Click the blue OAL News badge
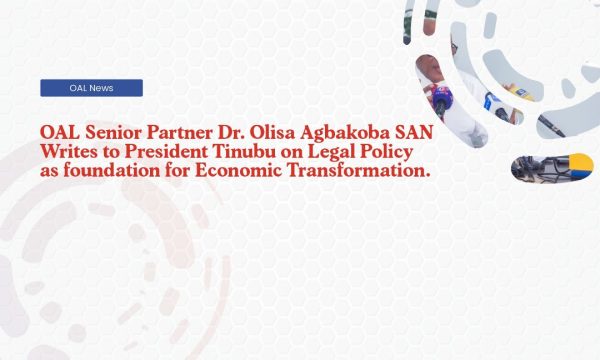[91, 88]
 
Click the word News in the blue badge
[100, 88]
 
